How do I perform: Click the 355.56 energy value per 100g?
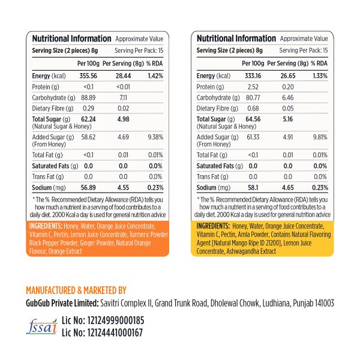[88, 76]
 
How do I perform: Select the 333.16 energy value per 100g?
[253, 76]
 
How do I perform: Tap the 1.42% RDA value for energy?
[155, 76]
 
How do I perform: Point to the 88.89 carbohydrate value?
[88, 97]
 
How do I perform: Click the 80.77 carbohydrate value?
[253, 97]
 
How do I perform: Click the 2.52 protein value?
[253, 87]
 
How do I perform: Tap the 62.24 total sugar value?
[88, 119]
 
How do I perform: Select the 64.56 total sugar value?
[253, 119]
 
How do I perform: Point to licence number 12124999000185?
[112, 321]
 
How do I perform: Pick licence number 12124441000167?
[112, 333]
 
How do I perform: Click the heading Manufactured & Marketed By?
[77, 289]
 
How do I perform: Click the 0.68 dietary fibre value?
[253, 108]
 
